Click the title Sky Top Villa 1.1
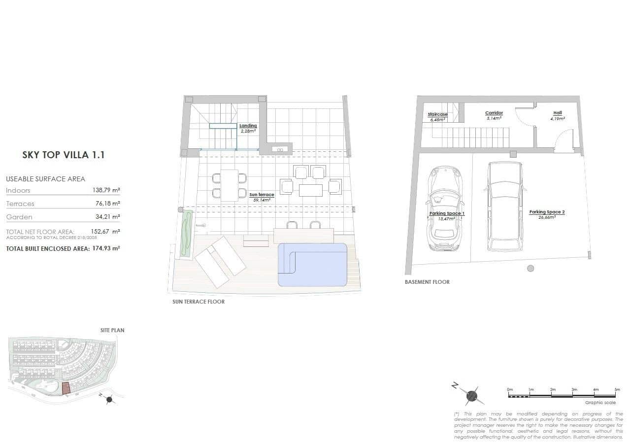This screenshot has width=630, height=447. (64, 155)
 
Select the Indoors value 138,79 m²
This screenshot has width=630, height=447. (106, 190)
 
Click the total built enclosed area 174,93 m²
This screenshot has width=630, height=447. (106, 248)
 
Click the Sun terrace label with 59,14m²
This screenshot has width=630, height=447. (262, 197)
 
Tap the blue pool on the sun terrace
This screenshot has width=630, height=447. (312, 264)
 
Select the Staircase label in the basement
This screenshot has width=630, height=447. (437, 116)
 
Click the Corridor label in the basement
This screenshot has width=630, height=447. (494, 115)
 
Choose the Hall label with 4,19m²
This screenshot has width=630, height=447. (557, 115)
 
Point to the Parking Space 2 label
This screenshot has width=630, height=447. (547, 214)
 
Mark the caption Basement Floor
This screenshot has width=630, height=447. (427, 282)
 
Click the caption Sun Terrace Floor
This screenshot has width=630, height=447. (198, 302)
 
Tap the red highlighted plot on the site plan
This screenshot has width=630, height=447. (66, 388)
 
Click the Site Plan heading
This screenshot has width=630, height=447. (112, 330)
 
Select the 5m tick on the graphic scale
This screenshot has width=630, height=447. (617, 389)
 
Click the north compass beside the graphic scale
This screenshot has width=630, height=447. (471, 394)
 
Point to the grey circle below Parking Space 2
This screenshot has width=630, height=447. (530, 268)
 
